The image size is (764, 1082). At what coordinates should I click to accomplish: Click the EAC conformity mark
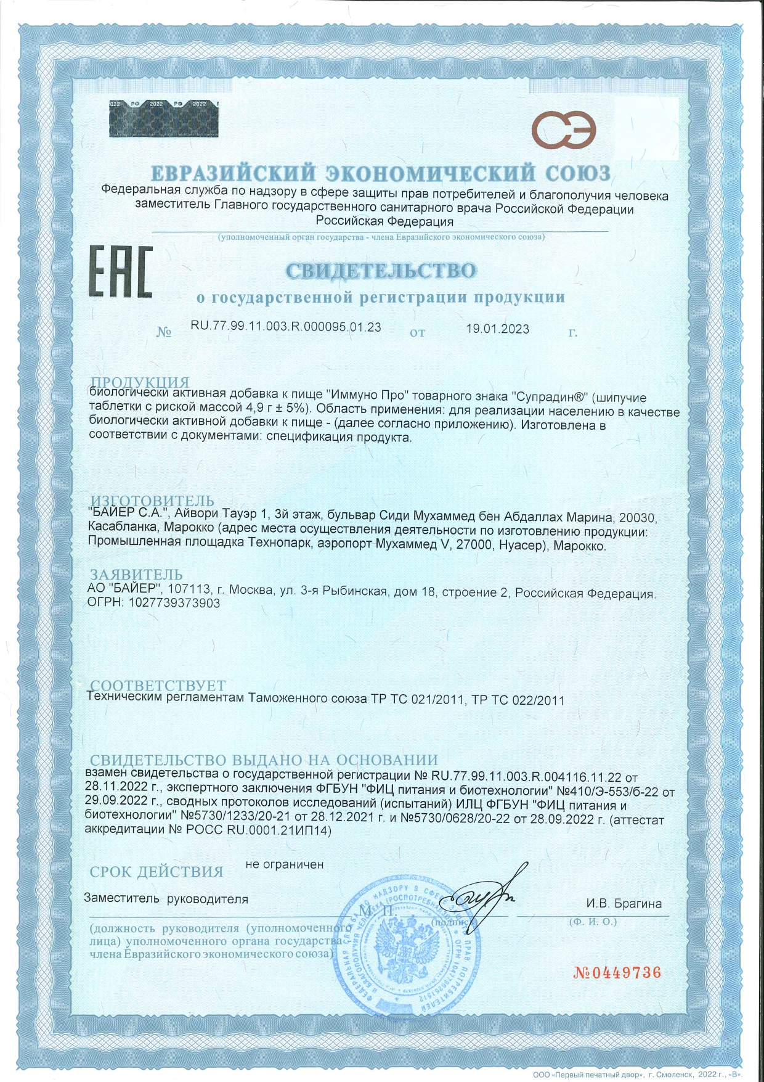(120, 271)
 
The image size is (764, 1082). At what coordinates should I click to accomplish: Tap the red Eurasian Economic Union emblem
(564, 129)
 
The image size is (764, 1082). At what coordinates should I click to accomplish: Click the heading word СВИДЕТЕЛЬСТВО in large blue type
(381, 270)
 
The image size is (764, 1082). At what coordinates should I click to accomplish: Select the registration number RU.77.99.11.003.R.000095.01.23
(286, 327)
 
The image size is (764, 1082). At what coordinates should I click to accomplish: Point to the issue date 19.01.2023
(497, 329)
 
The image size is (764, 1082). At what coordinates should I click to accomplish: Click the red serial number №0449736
(617, 973)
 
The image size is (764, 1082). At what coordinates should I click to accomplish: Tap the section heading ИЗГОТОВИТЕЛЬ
(152, 501)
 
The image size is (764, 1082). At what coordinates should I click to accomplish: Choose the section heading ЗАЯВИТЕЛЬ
(136, 575)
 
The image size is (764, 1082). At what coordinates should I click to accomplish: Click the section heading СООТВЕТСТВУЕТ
(158, 686)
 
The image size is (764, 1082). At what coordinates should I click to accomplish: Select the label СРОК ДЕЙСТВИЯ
(156, 872)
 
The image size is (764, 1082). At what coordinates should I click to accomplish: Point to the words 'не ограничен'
(284, 864)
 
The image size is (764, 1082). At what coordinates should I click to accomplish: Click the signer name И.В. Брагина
(624, 904)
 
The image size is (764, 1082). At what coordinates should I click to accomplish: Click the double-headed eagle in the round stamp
(407, 949)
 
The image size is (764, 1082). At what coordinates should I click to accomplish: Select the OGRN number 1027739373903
(174, 603)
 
